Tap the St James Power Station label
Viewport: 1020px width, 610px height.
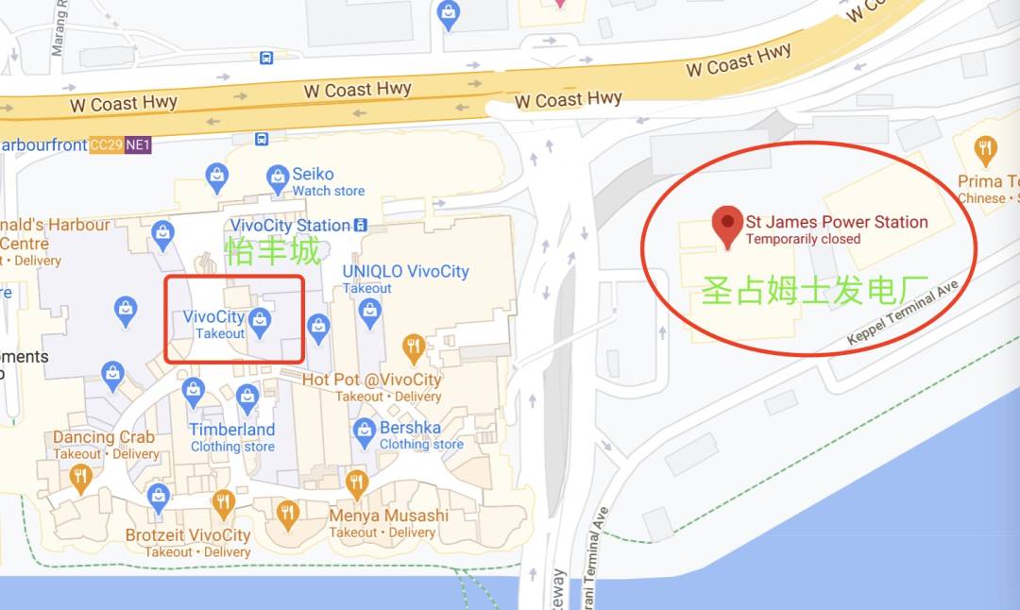point(837,222)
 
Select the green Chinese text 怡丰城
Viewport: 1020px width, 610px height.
point(272,252)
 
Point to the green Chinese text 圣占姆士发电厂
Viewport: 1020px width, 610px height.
point(815,290)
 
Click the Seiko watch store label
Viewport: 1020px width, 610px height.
point(313,175)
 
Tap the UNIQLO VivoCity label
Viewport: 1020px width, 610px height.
point(405,272)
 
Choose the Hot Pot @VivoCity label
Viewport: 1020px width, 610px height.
point(372,380)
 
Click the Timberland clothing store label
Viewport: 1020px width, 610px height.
point(231,430)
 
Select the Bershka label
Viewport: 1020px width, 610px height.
point(410,428)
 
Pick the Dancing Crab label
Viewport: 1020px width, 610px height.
point(104,437)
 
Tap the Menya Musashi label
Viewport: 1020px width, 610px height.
point(388,516)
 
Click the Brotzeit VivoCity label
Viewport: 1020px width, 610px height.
point(188,535)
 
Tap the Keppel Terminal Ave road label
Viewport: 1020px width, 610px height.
point(903,312)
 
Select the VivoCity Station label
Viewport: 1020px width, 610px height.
point(291,226)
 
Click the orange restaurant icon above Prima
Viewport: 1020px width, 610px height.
point(986,148)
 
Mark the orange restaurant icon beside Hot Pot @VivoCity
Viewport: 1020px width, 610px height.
point(413,348)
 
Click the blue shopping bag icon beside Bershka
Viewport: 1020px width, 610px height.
point(365,432)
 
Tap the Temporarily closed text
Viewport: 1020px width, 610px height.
point(803,239)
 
